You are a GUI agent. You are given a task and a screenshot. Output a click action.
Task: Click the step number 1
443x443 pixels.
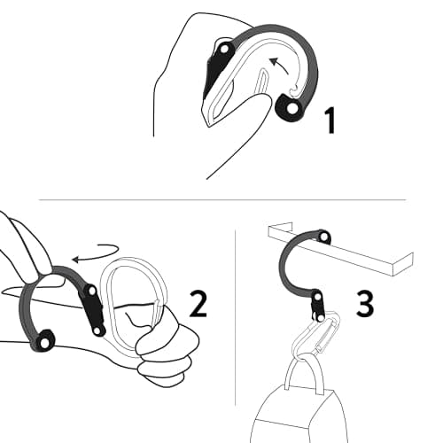(330, 120)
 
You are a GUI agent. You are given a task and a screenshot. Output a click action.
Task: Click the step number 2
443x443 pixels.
(198, 304)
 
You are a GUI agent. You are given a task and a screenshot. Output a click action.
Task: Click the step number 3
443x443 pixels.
(365, 304)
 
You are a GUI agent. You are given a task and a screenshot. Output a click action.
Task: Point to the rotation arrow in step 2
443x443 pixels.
(96, 253)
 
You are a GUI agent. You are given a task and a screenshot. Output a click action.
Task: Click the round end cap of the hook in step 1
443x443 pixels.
(291, 108)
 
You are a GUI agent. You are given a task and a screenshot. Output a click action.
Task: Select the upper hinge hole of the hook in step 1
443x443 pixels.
(224, 49)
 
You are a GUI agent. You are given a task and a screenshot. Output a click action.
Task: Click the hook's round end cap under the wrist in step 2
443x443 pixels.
(44, 342)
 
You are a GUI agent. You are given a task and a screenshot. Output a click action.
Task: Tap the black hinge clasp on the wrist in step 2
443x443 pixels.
(93, 310)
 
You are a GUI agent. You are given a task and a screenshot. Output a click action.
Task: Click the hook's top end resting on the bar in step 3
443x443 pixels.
(323, 236)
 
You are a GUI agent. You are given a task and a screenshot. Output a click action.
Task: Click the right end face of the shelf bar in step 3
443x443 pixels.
(403, 264)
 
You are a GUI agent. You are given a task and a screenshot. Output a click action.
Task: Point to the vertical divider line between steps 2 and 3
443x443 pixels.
(235, 317)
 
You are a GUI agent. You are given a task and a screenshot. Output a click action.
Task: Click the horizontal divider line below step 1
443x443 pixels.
(222, 200)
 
